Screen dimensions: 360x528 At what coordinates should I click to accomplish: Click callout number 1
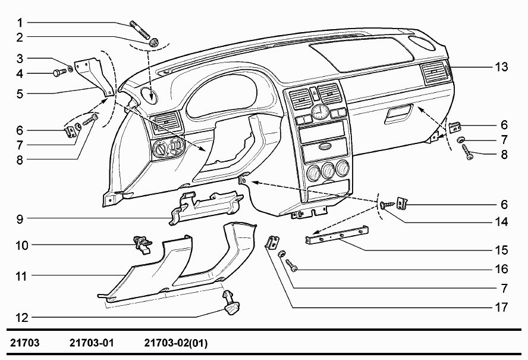tap(20, 23)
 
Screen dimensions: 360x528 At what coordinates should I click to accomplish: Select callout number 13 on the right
tap(502, 67)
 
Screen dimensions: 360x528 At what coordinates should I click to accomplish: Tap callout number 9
tap(20, 218)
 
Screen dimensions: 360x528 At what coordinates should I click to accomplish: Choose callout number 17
tap(502, 308)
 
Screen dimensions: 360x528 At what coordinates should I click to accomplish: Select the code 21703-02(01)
tap(175, 343)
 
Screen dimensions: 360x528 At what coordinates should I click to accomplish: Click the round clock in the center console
tap(320, 111)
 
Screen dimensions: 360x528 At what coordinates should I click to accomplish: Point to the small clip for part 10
tap(143, 243)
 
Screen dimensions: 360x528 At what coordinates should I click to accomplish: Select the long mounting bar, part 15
tap(337, 236)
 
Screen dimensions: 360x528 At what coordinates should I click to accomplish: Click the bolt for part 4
tap(58, 74)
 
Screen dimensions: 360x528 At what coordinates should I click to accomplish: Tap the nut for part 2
tap(153, 42)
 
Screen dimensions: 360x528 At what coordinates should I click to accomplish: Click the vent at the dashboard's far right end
tap(435, 73)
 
